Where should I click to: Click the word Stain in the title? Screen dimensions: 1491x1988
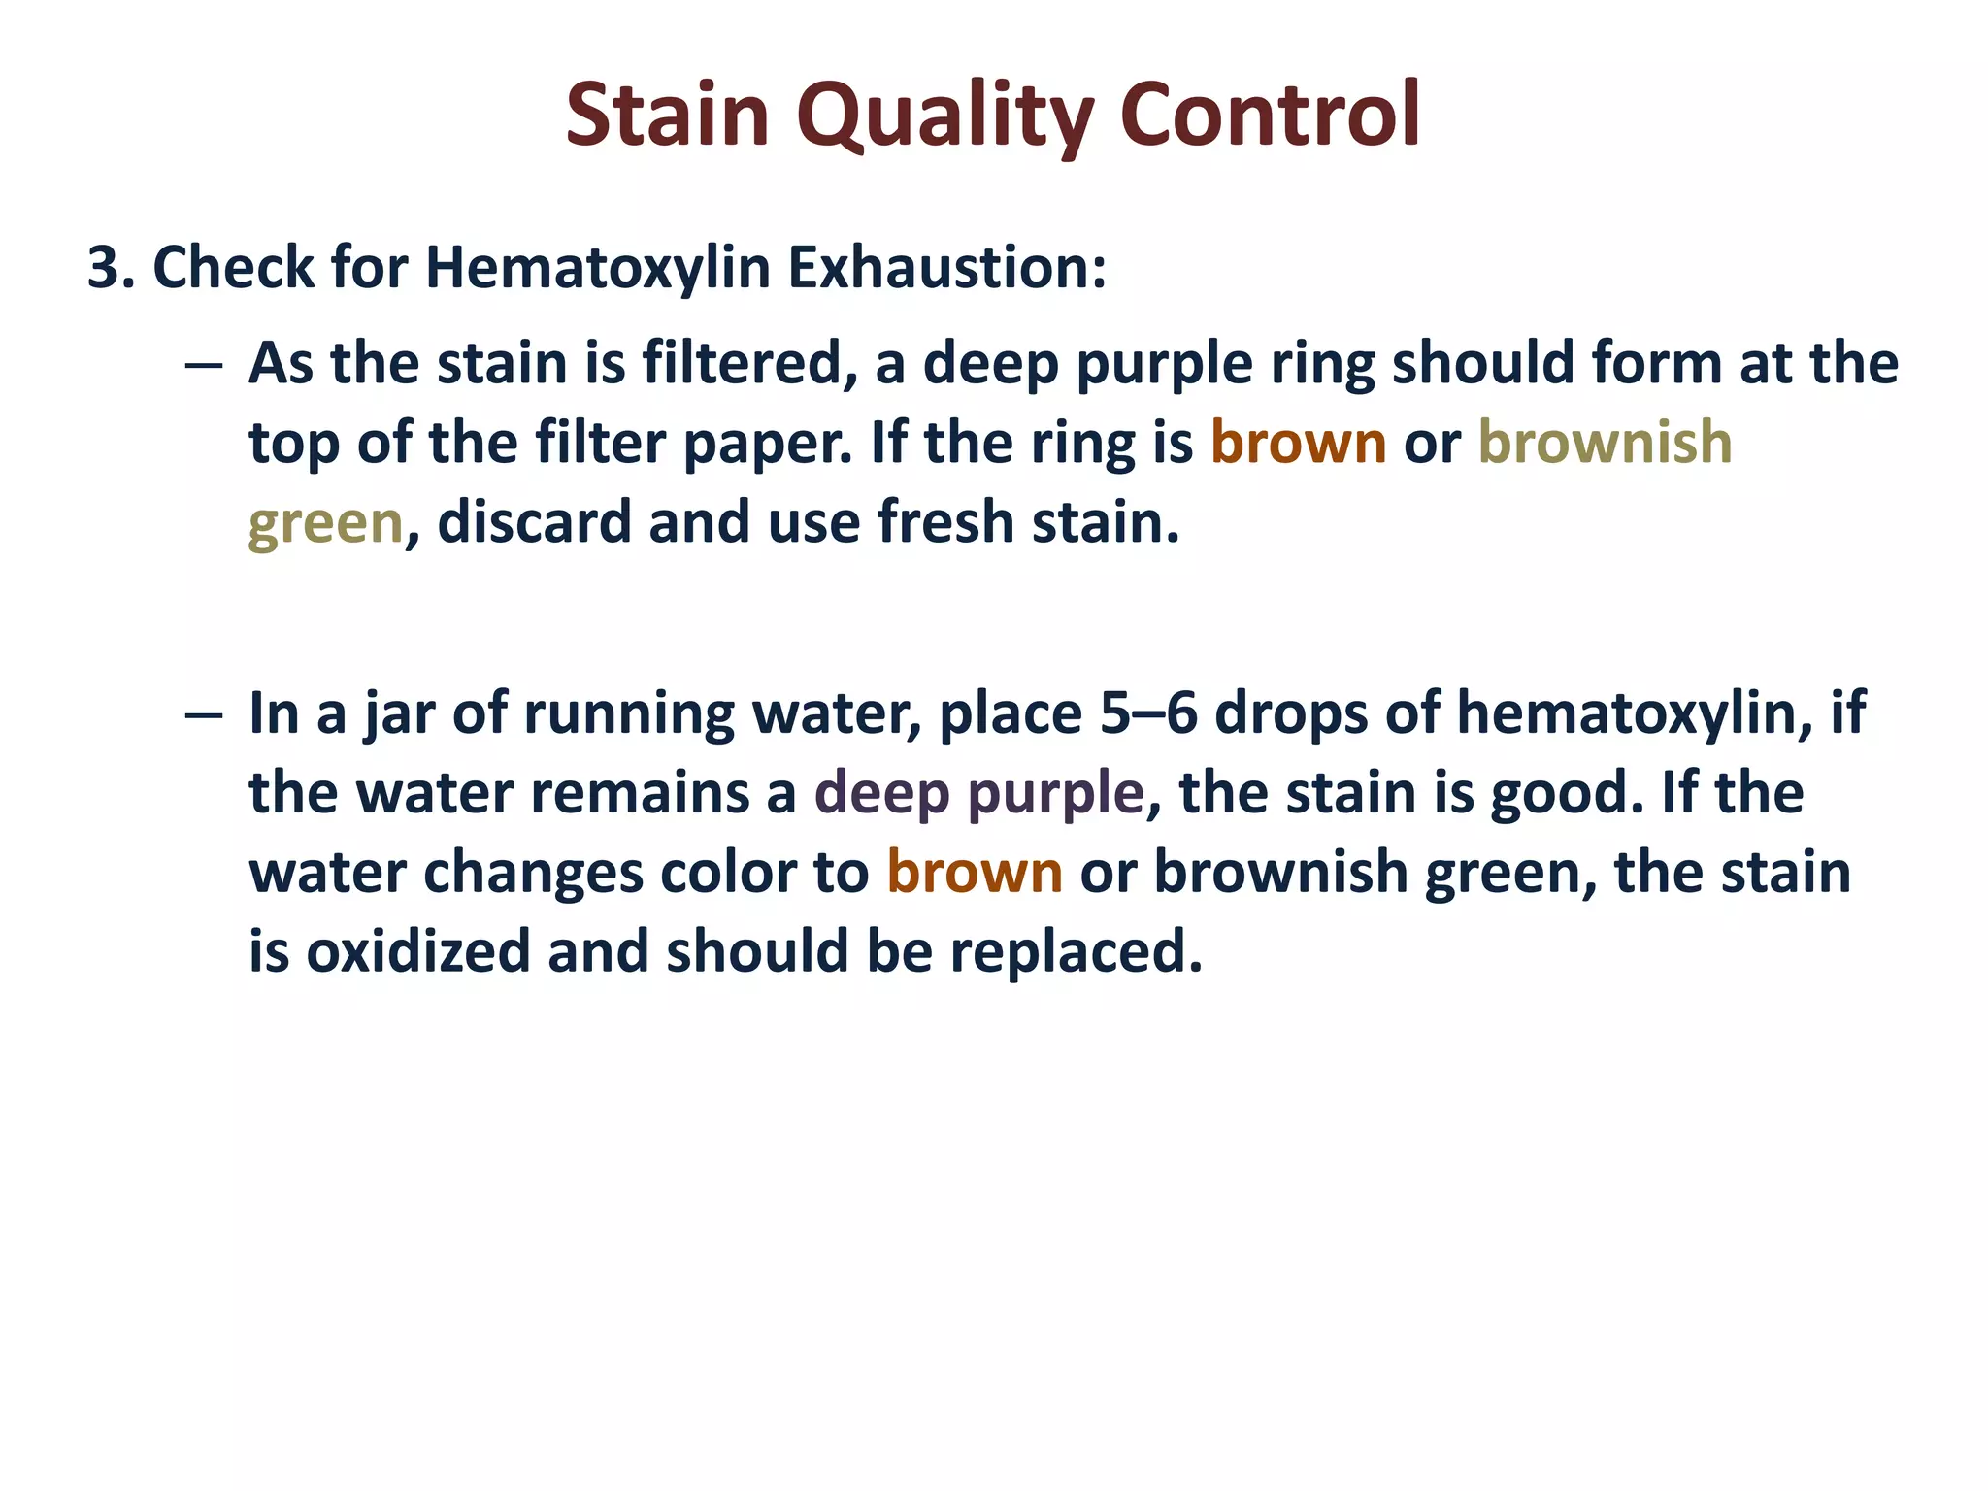[x=668, y=115]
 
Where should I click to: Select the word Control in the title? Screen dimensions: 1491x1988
[x=1271, y=115]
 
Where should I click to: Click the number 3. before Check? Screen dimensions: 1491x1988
[x=111, y=267]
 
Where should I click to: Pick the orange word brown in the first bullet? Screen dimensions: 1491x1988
[x=1298, y=444]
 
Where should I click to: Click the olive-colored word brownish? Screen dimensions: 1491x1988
[x=1605, y=444]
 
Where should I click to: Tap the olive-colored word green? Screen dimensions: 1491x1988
[x=325, y=524]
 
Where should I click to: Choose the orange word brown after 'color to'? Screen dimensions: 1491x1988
[x=975, y=873]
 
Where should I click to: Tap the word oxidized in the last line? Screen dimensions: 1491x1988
[x=417, y=951]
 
